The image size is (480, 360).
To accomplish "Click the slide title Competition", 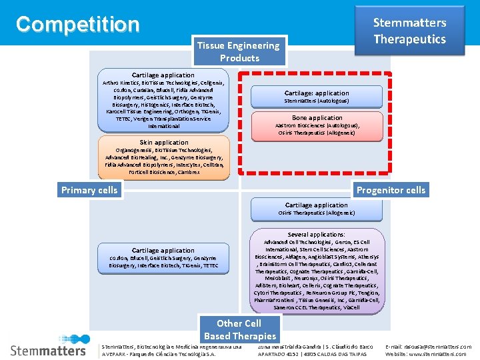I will (78, 25).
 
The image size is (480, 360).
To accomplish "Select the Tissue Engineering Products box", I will (238, 51).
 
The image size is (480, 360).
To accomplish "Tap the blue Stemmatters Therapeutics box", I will (409, 31).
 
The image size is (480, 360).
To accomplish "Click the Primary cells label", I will (89, 190).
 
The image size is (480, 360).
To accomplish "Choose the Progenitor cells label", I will (391, 190).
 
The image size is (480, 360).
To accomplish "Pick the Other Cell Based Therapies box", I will (239, 329).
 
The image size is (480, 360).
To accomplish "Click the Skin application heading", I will (164, 142).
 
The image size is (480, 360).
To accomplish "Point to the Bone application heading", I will (317, 118).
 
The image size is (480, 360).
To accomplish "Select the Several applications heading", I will (317, 235).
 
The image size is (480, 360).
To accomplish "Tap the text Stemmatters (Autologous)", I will (317, 101).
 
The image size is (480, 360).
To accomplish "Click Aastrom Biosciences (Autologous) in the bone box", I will (317, 125).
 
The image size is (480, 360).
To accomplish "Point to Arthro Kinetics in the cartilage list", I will (122, 83).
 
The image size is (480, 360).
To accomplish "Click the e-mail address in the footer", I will (428, 347).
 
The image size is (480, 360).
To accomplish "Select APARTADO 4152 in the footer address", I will (279, 354).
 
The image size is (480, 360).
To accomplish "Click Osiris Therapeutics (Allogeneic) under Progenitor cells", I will (317, 213).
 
